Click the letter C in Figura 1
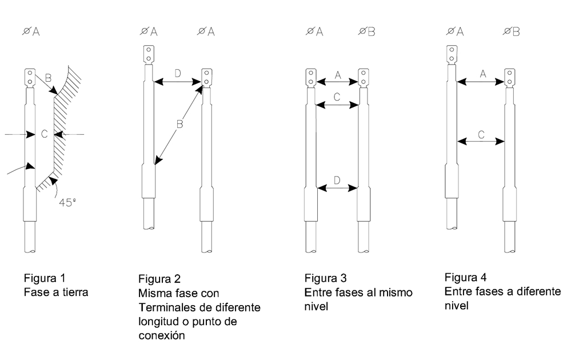point(44,134)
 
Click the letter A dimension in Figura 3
point(337,74)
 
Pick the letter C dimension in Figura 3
point(337,97)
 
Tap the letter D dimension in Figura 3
point(337,180)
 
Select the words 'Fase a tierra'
point(56,292)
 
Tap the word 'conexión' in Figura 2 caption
point(162,335)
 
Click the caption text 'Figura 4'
point(465,278)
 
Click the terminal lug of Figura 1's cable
point(30,77)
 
